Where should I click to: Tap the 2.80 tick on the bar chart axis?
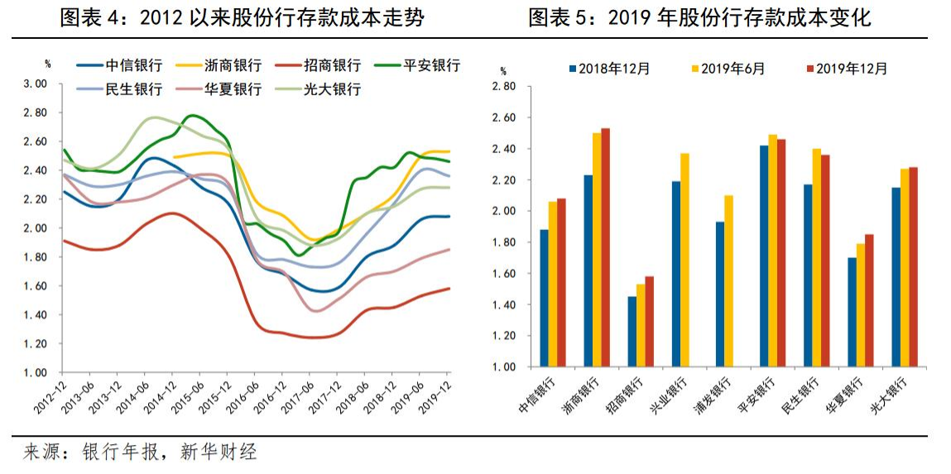[503, 86]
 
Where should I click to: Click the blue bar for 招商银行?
[632, 332]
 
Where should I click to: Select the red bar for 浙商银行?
[605, 247]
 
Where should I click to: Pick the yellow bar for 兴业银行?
[684, 260]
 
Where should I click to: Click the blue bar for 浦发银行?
[720, 294]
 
